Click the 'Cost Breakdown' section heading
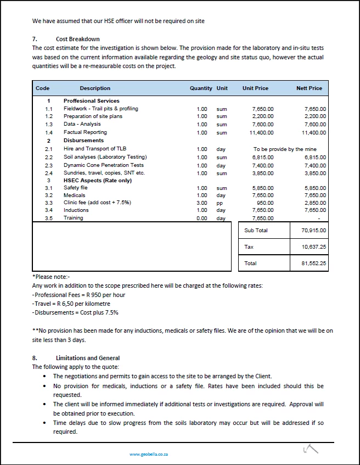pyautogui.click(x=77, y=39)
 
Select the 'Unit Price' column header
pyautogui.click(x=255, y=88)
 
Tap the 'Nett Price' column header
pyautogui.click(x=309, y=88)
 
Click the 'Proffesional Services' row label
pyautogui.click(x=91, y=101)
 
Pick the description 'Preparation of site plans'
pyautogui.click(x=94, y=116)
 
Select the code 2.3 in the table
pyautogui.click(x=49, y=165)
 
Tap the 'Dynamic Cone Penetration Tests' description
pyautogui.click(x=104, y=165)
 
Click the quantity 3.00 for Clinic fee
pyautogui.click(x=202, y=203)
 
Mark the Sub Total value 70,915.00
pyautogui.click(x=314, y=231)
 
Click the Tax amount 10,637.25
pyautogui.click(x=314, y=247)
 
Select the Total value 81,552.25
pyautogui.click(x=314, y=264)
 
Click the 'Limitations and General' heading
pyautogui.click(x=88, y=358)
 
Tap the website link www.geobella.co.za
pyautogui.click(x=149, y=454)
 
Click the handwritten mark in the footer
pyautogui.click(x=311, y=450)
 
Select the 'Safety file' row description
pyautogui.click(x=76, y=188)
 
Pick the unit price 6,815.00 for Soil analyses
pyautogui.click(x=262, y=157)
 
